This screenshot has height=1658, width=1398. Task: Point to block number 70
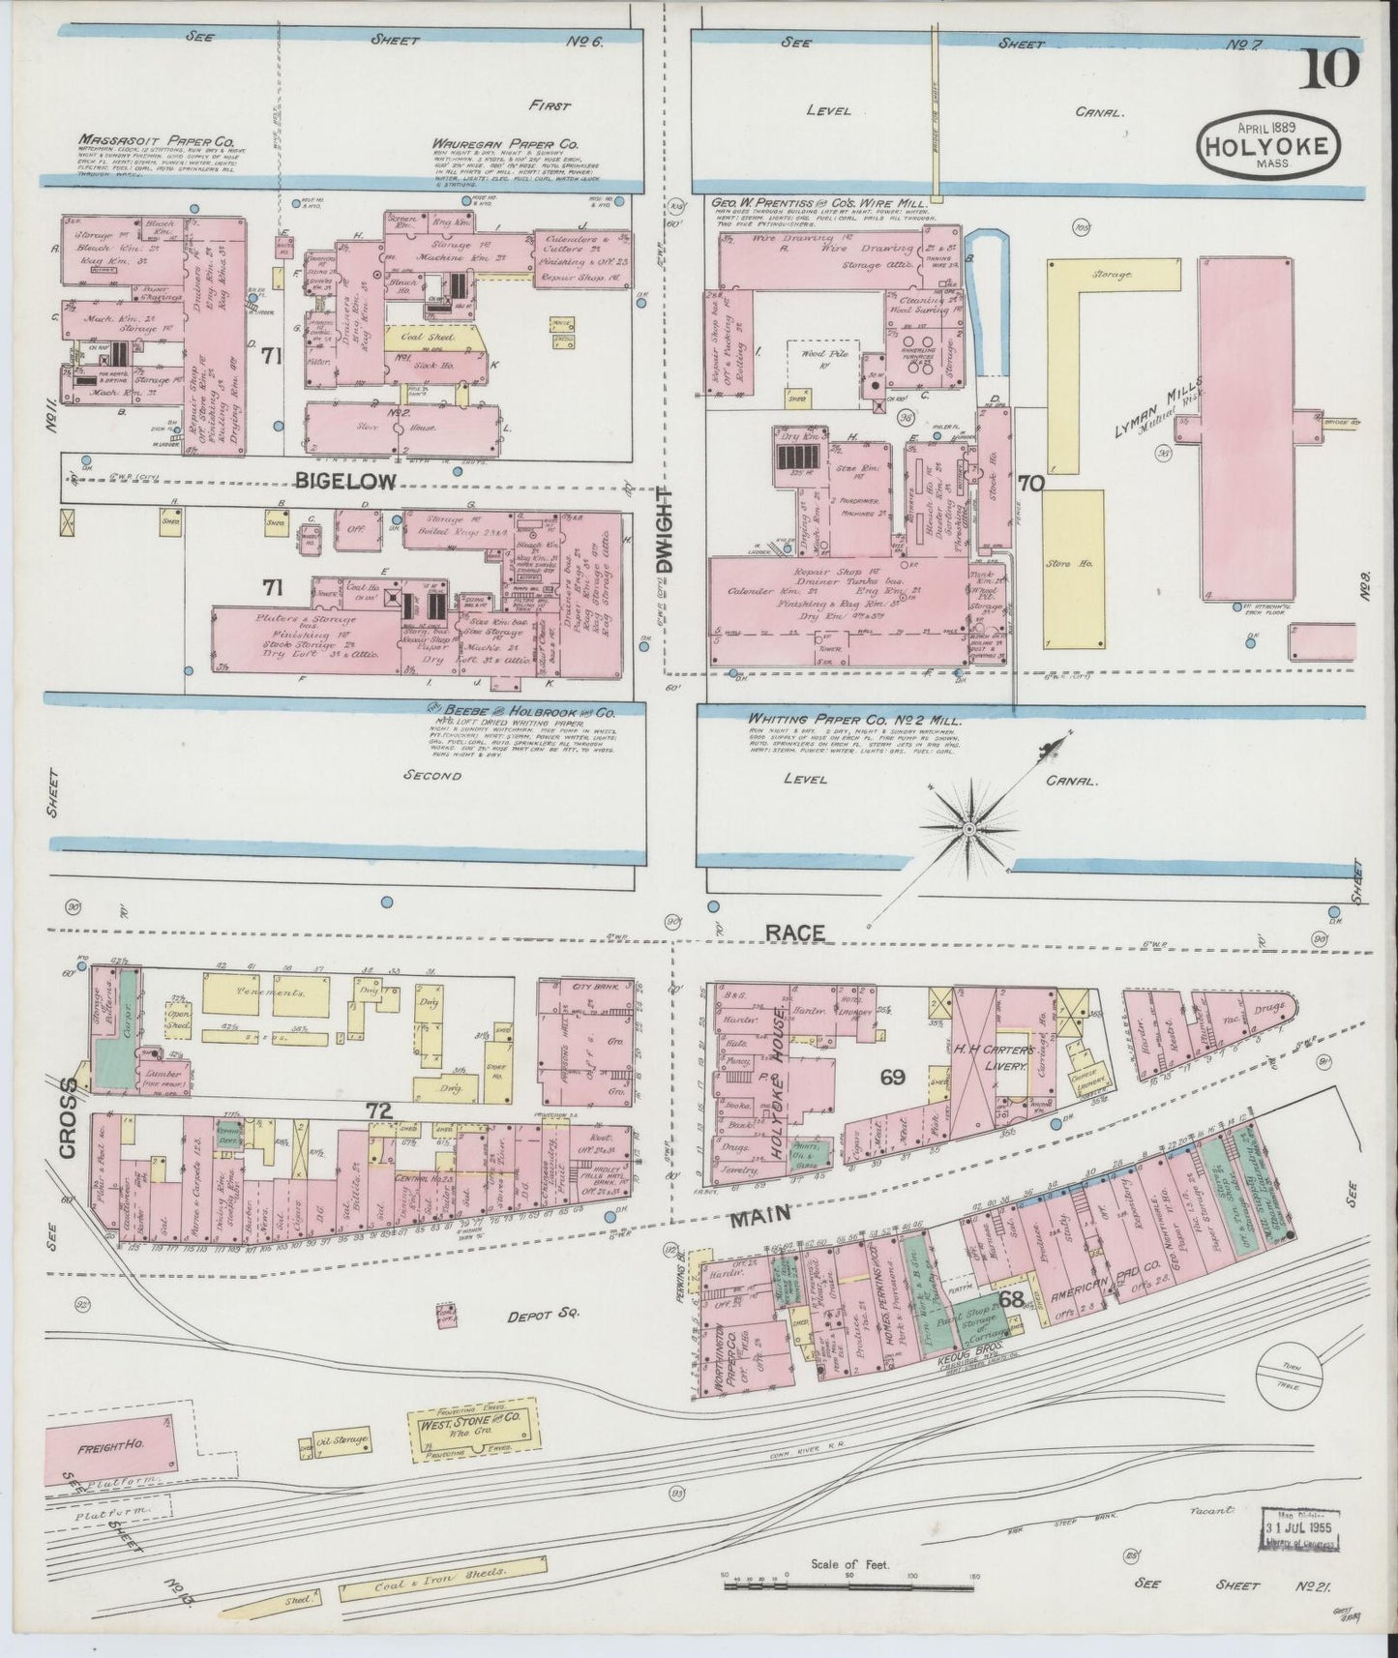[1030, 484]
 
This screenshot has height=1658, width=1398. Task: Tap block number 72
[378, 1112]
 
